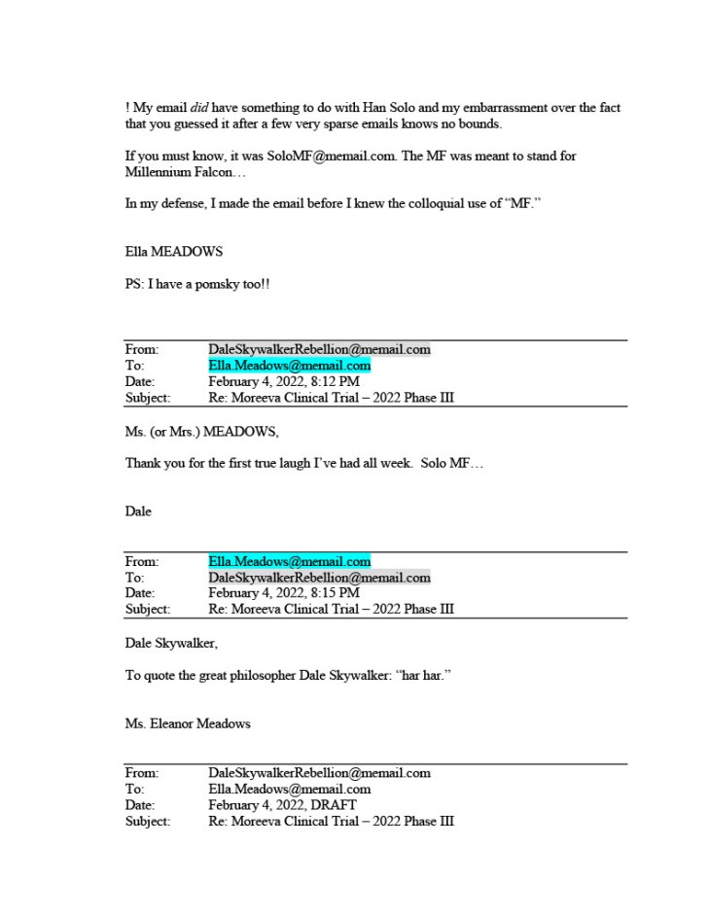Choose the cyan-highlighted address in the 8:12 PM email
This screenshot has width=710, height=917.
pyautogui.click(x=289, y=366)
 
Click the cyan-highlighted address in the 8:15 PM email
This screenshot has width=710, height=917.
pyautogui.click(x=289, y=561)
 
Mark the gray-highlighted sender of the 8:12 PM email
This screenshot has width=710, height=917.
pyautogui.click(x=319, y=349)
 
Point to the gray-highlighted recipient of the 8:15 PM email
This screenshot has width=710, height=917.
pyautogui.click(x=319, y=578)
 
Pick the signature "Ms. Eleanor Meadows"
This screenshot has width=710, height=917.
pyautogui.click(x=188, y=723)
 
